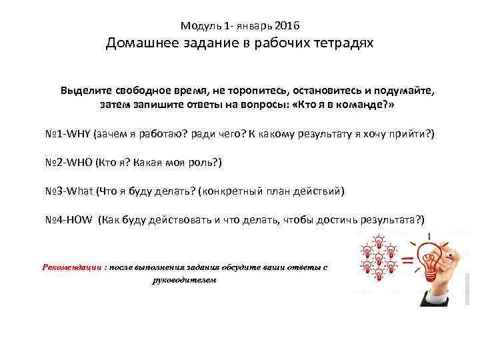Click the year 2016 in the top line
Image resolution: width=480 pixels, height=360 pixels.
(x=287, y=26)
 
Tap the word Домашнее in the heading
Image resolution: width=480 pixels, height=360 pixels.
(x=137, y=44)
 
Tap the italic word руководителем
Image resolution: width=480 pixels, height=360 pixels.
(x=185, y=280)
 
